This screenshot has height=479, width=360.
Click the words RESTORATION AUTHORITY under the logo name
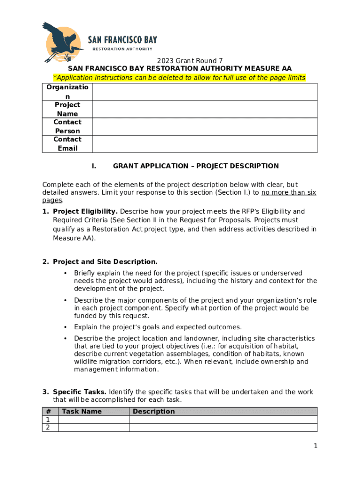click(x=122, y=49)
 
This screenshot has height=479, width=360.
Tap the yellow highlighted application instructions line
click(x=179, y=78)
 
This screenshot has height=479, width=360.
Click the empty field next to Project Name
click(x=204, y=109)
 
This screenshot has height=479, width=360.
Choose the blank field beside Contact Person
click(x=204, y=127)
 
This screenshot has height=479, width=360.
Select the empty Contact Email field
click(x=204, y=144)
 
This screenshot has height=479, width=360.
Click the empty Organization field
click(x=204, y=92)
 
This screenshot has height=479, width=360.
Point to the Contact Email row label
click(x=67, y=144)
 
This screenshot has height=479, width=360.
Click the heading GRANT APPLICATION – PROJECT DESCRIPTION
click(x=195, y=166)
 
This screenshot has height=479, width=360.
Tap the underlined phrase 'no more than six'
click(x=288, y=193)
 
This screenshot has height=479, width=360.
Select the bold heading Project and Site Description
click(x=105, y=262)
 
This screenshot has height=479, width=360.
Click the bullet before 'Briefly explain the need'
click(x=64, y=273)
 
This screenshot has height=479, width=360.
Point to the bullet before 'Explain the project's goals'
click(x=64, y=327)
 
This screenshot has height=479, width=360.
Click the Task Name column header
click(x=82, y=412)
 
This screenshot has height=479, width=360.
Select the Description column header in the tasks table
click(x=154, y=412)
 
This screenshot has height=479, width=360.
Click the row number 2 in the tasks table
click(x=48, y=428)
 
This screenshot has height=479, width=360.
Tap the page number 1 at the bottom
click(x=316, y=446)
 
